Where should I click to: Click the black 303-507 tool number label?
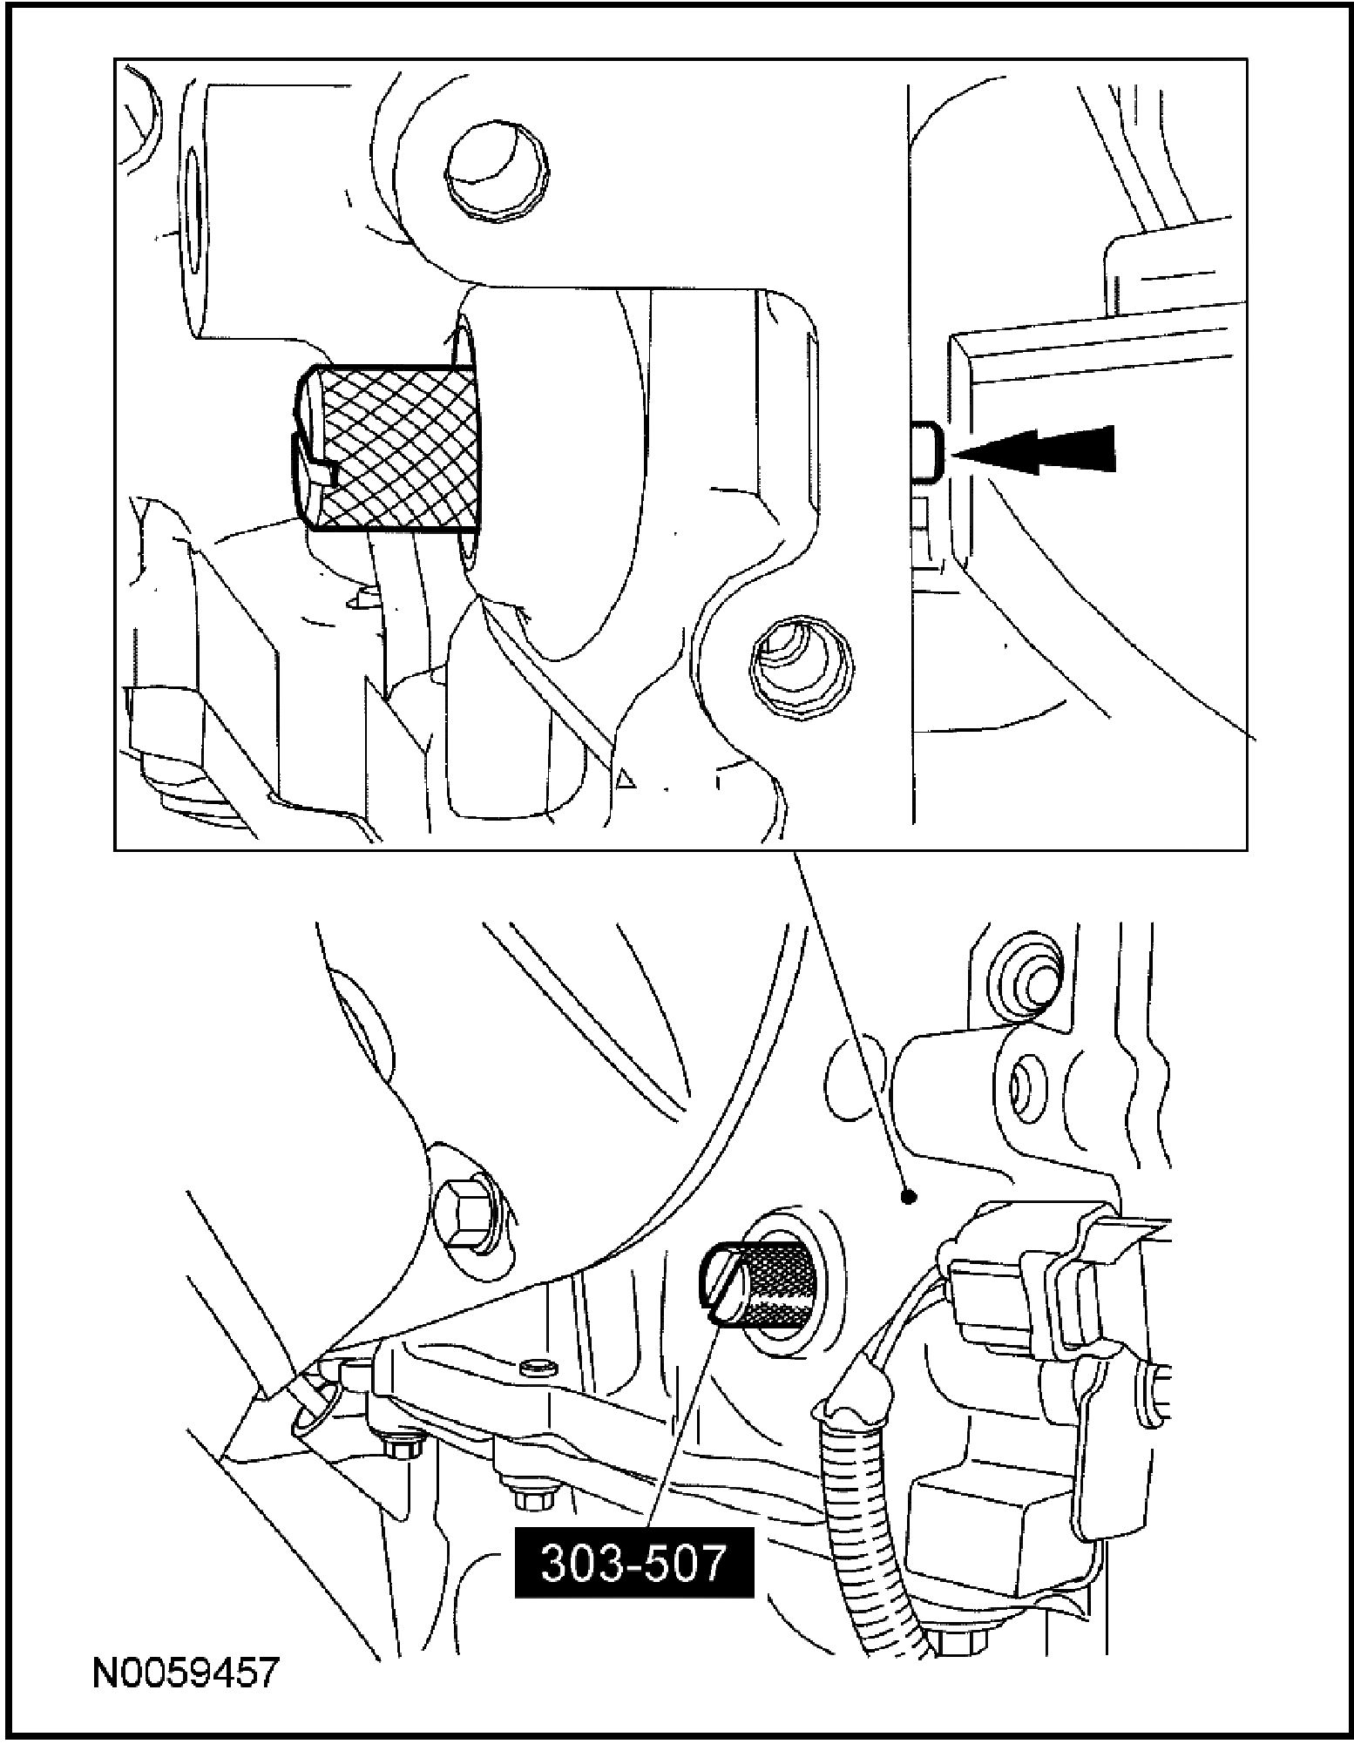click(633, 1563)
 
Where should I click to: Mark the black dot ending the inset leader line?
click(909, 1197)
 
